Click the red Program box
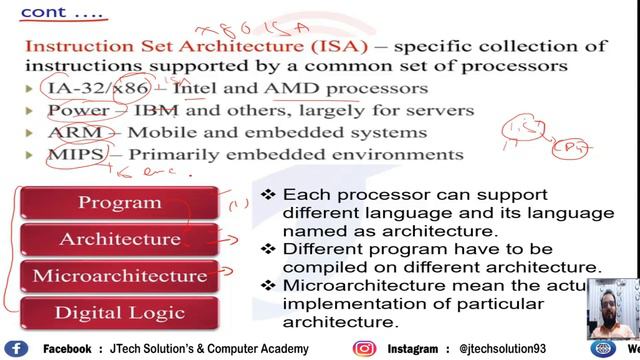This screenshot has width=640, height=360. coord(119,202)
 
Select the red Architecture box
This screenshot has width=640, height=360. coord(119,239)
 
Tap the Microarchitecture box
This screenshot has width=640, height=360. coord(119,275)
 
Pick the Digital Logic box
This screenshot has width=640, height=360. coord(119,312)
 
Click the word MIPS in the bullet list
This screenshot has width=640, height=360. coord(69,155)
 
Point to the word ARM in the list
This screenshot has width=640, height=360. coord(68,133)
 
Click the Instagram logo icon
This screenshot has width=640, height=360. coord(364,349)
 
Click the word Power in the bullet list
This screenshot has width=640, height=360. coord(76,111)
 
